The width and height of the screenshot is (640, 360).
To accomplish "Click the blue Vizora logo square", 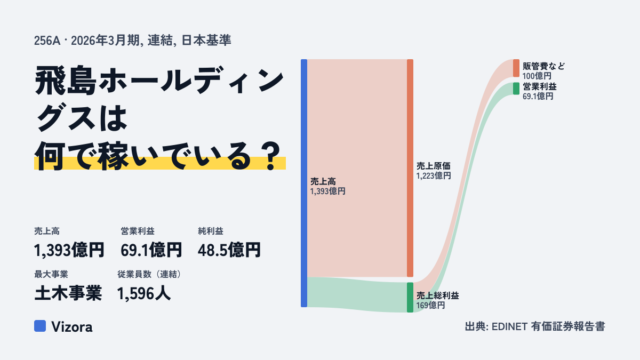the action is (40, 326).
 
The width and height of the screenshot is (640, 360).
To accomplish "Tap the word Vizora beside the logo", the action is (72, 327).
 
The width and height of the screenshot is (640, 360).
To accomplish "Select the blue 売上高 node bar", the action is (304, 183).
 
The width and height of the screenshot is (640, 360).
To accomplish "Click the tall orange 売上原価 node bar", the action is (410, 168).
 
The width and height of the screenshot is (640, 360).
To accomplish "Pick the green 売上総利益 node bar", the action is (410, 298).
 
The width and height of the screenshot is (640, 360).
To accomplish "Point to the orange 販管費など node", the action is (516, 68).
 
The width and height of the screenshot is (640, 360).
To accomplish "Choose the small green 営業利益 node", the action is (516, 89).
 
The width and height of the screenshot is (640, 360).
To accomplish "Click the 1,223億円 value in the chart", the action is (434, 175).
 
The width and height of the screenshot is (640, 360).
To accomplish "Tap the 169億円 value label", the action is (430, 306).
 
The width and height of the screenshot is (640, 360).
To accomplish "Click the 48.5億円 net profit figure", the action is (229, 250).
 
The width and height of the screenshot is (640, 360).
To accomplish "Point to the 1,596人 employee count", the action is (144, 293).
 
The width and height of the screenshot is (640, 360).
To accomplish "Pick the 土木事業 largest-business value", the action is (68, 293).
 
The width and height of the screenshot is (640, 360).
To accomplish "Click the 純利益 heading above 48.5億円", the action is (211, 231).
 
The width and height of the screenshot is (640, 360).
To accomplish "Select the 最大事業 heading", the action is (51, 274).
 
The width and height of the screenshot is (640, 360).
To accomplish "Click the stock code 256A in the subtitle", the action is (47, 41).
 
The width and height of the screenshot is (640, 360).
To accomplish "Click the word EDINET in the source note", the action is (509, 326).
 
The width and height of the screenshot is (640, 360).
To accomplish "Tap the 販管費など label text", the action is (543, 66).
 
